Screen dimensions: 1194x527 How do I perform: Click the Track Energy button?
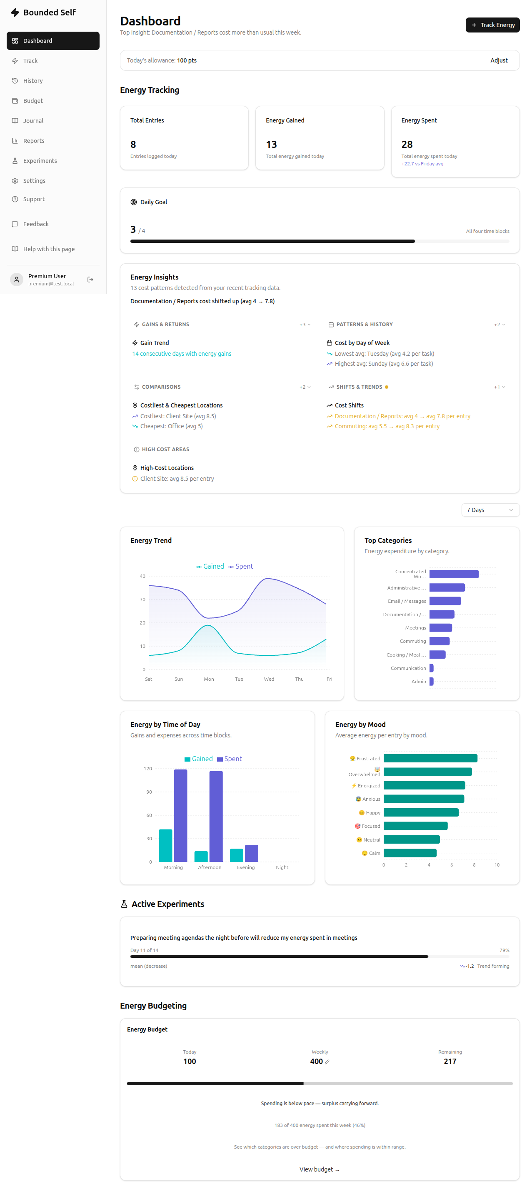click(x=492, y=25)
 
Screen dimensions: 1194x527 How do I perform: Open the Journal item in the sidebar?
click(x=33, y=121)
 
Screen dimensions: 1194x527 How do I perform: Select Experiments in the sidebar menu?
click(x=40, y=161)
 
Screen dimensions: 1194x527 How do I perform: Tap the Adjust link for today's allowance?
click(x=499, y=61)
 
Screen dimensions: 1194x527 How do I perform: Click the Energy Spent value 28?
click(x=407, y=145)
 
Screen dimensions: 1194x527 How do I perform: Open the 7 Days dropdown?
click(x=490, y=510)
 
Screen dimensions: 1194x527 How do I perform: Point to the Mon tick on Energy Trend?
click(x=209, y=679)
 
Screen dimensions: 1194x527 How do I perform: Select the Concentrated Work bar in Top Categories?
click(x=454, y=574)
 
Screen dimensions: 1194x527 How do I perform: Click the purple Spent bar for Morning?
click(x=180, y=815)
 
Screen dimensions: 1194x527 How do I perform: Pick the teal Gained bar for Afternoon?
click(x=201, y=856)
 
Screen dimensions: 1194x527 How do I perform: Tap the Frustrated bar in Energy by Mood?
click(x=430, y=758)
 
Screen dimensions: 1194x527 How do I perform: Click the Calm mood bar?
click(x=410, y=853)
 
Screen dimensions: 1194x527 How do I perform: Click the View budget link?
click(x=320, y=1169)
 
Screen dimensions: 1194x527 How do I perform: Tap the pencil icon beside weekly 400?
click(x=327, y=1062)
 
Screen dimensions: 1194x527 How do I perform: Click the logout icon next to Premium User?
click(x=90, y=280)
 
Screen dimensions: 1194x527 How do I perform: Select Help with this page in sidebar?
click(x=49, y=249)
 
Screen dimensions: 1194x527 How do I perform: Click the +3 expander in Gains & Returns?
click(x=305, y=325)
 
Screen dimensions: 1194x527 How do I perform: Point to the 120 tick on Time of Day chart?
click(x=148, y=769)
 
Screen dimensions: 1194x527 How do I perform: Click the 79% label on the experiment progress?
click(x=504, y=950)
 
